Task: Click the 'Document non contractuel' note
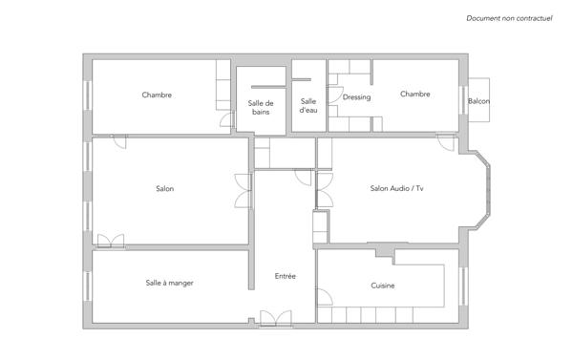click(510, 18)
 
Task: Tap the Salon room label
click(164, 188)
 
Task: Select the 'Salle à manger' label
click(169, 283)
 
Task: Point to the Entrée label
click(285, 276)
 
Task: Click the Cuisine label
click(383, 286)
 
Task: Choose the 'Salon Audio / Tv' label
click(396, 188)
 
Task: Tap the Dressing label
click(356, 97)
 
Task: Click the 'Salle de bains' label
click(261, 107)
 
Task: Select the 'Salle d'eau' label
click(308, 106)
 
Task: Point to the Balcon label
click(478, 101)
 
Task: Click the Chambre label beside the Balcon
click(415, 95)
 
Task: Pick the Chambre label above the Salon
click(157, 95)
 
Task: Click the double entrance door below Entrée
click(276, 319)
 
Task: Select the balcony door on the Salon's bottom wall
click(111, 240)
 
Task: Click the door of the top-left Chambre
click(223, 118)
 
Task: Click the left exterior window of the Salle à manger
click(88, 284)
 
